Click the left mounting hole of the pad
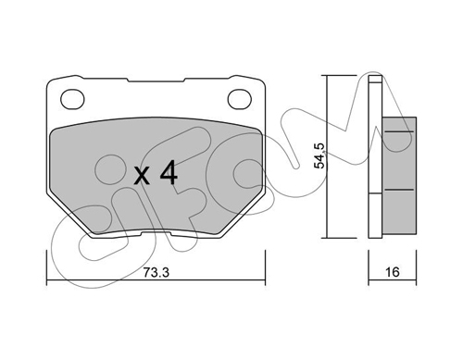click(72, 99)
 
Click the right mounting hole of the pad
click(240, 99)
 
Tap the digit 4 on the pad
click(169, 172)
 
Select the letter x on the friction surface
click(142, 177)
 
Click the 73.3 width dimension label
click(156, 272)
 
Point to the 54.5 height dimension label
click(319, 155)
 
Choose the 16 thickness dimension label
click(393, 272)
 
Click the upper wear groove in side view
click(399, 131)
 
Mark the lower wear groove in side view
click(399, 190)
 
